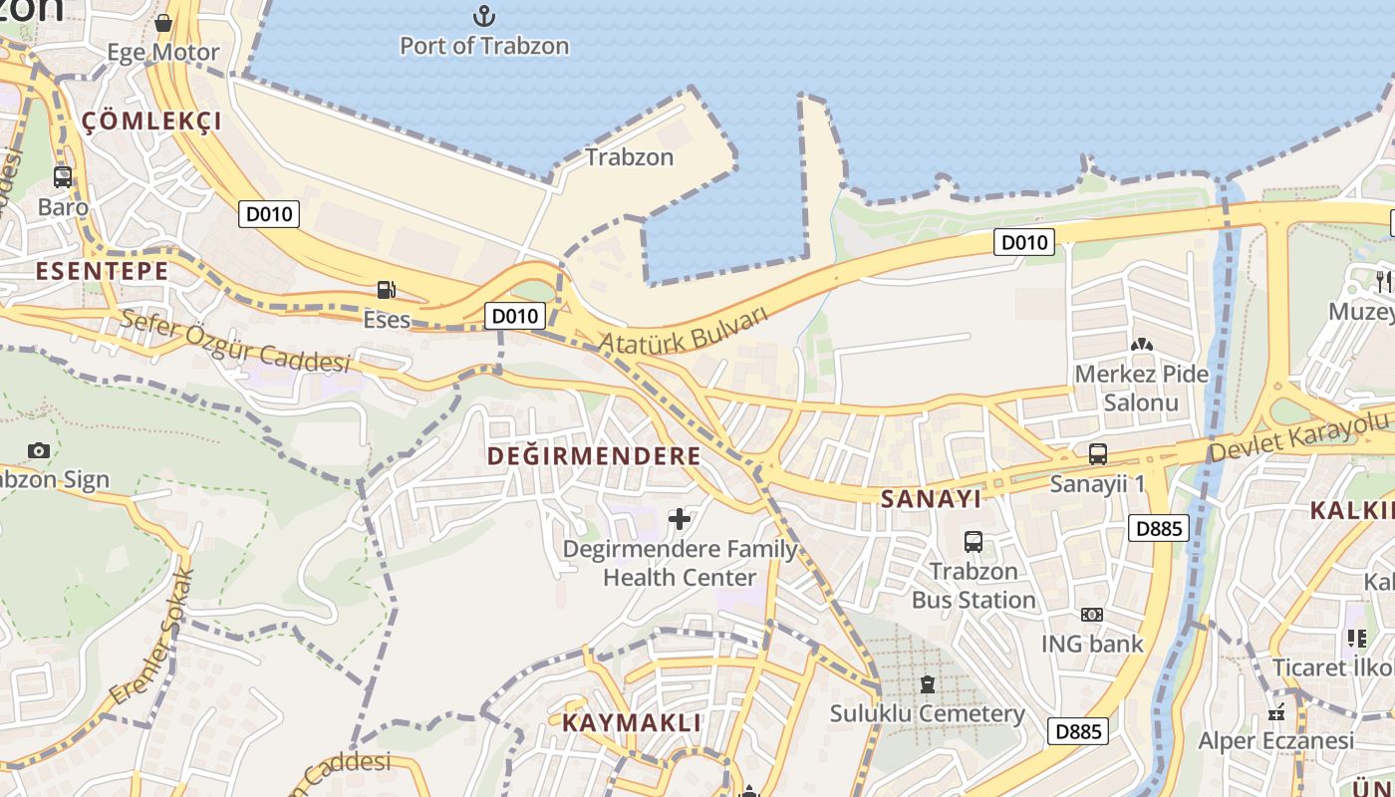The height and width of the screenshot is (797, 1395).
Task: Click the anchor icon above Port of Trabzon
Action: (483, 16)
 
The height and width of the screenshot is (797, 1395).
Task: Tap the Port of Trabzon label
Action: (484, 46)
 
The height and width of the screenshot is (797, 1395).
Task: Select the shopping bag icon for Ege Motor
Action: (163, 22)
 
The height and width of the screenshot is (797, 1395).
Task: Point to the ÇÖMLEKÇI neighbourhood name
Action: (151, 122)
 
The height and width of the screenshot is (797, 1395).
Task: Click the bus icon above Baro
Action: (63, 177)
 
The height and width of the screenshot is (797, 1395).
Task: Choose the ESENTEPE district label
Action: (102, 271)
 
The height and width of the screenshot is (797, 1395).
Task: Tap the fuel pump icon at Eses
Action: (386, 290)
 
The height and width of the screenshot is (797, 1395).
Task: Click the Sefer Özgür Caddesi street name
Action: (235, 341)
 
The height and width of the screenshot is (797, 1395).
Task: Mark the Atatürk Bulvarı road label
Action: (685, 330)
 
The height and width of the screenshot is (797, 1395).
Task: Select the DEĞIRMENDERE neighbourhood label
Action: (594, 456)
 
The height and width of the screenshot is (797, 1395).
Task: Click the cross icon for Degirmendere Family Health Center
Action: (680, 519)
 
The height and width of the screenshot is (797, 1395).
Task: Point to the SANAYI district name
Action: (932, 499)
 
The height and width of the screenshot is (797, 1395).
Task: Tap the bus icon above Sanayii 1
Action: (1098, 454)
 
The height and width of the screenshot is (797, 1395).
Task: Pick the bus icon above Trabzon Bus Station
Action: (974, 542)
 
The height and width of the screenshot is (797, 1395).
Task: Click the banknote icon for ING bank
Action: (1092, 615)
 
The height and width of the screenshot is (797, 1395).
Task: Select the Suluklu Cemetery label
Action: (928, 713)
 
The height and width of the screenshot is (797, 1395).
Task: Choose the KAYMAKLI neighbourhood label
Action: (632, 723)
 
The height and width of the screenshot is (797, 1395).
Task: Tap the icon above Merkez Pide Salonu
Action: (1141, 345)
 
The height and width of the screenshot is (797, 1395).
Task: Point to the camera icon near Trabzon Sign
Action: (39, 450)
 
